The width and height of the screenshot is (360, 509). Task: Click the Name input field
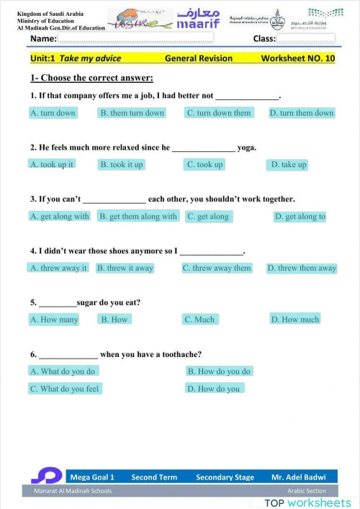pyautogui.click(x=137, y=38)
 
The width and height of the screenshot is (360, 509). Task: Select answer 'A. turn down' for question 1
pyautogui.click(x=53, y=113)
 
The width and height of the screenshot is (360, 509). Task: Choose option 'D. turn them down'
pyautogui.click(x=302, y=113)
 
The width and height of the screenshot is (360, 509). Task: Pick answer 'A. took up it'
pyautogui.click(x=52, y=164)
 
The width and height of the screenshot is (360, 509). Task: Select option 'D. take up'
pyautogui.click(x=288, y=164)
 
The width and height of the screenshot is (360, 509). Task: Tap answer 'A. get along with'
pyautogui.click(x=60, y=216)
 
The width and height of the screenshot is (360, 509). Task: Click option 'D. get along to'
pyautogui.click(x=300, y=216)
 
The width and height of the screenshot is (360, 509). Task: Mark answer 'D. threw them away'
pyautogui.click(x=302, y=268)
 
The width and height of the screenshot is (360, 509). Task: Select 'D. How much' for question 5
pyautogui.click(x=295, y=319)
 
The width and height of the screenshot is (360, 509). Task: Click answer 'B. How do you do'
pyautogui.click(x=219, y=371)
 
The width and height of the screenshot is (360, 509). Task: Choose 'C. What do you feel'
pyautogui.click(x=65, y=389)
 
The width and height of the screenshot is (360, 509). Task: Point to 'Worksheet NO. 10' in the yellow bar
pyautogui.click(x=297, y=58)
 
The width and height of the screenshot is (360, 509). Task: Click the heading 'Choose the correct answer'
pyautogui.click(x=91, y=78)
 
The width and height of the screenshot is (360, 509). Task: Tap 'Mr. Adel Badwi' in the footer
pyautogui.click(x=298, y=477)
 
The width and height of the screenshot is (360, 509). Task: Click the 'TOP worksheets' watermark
pyautogui.click(x=307, y=502)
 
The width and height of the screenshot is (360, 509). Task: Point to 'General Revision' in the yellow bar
pyautogui.click(x=199, y=58)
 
